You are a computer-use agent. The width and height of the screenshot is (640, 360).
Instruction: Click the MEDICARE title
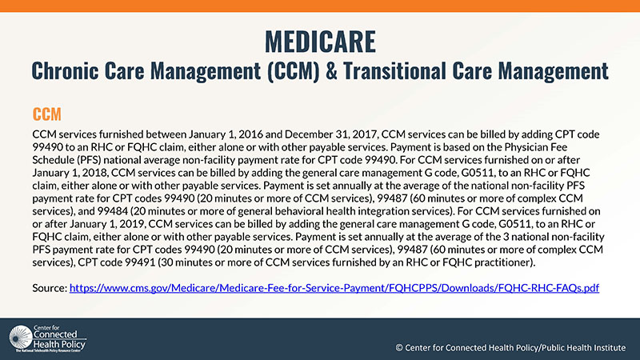tap(321, 42)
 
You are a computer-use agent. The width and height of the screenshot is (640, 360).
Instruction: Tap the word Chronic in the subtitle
tap(66, 70)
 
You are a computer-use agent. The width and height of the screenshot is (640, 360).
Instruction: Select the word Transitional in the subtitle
tap(394, 70)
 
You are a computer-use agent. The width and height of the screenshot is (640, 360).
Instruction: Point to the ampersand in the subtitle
tap(331, 70)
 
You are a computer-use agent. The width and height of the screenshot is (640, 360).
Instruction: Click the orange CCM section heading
tap(47, 114)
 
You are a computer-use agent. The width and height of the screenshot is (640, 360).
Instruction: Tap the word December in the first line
tap(309, 134)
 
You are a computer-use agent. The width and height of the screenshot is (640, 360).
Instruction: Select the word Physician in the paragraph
tap(526, 147)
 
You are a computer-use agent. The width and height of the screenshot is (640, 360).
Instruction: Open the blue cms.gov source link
tap(334, 288)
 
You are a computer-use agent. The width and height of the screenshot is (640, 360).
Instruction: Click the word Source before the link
tap(50, 288)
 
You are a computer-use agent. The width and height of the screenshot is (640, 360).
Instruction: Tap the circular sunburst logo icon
tap(21, 337)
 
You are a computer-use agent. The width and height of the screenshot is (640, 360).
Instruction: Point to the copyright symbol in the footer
tap(399, 348)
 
